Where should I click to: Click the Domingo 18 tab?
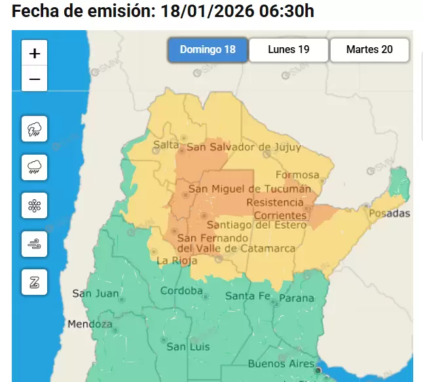pos(208,50)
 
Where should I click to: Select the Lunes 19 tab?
pos(288,50)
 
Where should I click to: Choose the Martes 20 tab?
pos(369,50)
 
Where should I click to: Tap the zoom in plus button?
pos(35,52)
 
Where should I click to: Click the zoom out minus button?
pos(35,79)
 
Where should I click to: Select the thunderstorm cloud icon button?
pos(34,128)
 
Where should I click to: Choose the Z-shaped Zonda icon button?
pos(34,282)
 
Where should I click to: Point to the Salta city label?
pos(166,144)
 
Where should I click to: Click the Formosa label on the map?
pos(297,175)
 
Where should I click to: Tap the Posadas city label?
pos(390,214)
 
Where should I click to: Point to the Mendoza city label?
pos(90,324)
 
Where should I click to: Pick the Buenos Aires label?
pos(277,364)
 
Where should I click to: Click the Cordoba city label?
pos(181,291)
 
